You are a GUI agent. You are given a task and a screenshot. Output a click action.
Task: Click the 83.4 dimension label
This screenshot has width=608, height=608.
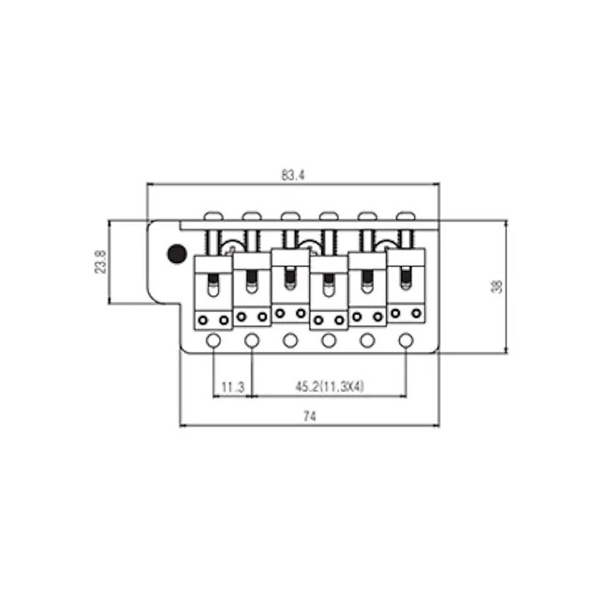coord(293,176)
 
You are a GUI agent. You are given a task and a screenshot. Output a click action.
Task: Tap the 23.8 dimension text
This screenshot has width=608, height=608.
coord(100,261)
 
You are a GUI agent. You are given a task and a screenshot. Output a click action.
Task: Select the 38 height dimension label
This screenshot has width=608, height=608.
coord(497,287)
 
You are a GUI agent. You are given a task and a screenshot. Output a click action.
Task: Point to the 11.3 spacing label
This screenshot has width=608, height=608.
coord(233,387)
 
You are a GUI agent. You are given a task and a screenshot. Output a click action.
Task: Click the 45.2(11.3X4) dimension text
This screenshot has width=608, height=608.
coord(330,387)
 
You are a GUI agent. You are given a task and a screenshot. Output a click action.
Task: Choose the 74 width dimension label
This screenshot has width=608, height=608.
coord(309,416)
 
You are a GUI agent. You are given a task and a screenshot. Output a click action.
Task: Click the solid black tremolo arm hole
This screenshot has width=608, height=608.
coord(176,253)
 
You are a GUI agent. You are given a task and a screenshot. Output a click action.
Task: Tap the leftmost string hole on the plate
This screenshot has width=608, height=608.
coord(214,340)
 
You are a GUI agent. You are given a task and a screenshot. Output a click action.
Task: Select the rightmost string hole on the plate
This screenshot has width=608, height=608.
coord(406,340)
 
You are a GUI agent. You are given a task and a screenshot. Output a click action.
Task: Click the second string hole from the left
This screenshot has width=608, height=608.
coord(252,340)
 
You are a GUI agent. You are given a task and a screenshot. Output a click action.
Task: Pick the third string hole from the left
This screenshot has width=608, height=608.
coord(290,340)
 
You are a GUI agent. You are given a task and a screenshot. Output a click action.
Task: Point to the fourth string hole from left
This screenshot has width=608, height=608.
coord(329,340)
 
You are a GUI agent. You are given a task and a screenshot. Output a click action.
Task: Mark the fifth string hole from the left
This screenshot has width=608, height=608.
coord(368,340)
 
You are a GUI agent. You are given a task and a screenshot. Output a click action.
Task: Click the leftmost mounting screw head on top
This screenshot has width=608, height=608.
coord(213,216)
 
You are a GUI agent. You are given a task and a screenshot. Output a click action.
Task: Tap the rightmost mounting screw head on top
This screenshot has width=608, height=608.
coord(406,216)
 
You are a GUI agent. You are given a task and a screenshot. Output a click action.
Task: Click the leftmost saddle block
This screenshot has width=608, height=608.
coord(214,293)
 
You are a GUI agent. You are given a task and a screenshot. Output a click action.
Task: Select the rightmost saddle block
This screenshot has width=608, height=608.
coord(406,286)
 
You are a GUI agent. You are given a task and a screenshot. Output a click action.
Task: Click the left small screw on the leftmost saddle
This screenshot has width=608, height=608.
coord(203,320)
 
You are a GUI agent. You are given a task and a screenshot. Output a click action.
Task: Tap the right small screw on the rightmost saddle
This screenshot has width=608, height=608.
coord(416,313)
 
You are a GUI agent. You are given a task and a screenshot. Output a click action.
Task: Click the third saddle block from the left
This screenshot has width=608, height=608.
coord(290,286)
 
